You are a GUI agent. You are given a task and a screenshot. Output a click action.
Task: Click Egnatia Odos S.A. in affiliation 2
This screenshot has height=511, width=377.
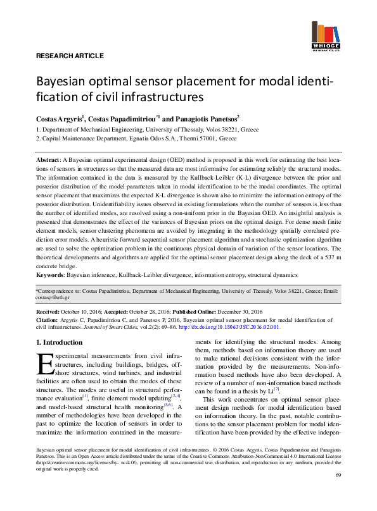point(168,137)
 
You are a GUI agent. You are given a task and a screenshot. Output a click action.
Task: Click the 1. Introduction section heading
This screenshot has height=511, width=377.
point(59,343)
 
